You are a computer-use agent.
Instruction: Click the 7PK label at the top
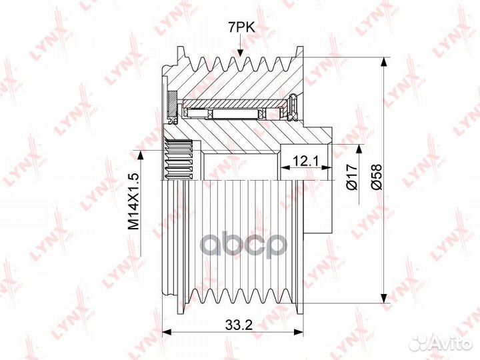pyautogui.click(x=241, y=28)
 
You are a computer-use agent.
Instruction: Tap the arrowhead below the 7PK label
pyautogui.click(x=241, y=52)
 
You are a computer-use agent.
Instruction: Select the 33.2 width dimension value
pyautogui.click(x=239, y=325)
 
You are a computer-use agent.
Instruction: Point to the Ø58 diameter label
pyautogui.click(x=377, y=177)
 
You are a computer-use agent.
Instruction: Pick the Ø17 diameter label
pyautogui.click(x=352, y=177)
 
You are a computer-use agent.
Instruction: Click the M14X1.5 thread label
pyautogui.click(x=134, y=201)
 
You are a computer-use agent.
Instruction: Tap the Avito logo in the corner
pyautogui.click(x=441, y=343)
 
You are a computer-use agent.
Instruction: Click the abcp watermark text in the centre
pyautogui.click(x=244, y=244)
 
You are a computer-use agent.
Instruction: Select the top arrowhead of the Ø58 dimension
pyautogui.click(x=383, y=63)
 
